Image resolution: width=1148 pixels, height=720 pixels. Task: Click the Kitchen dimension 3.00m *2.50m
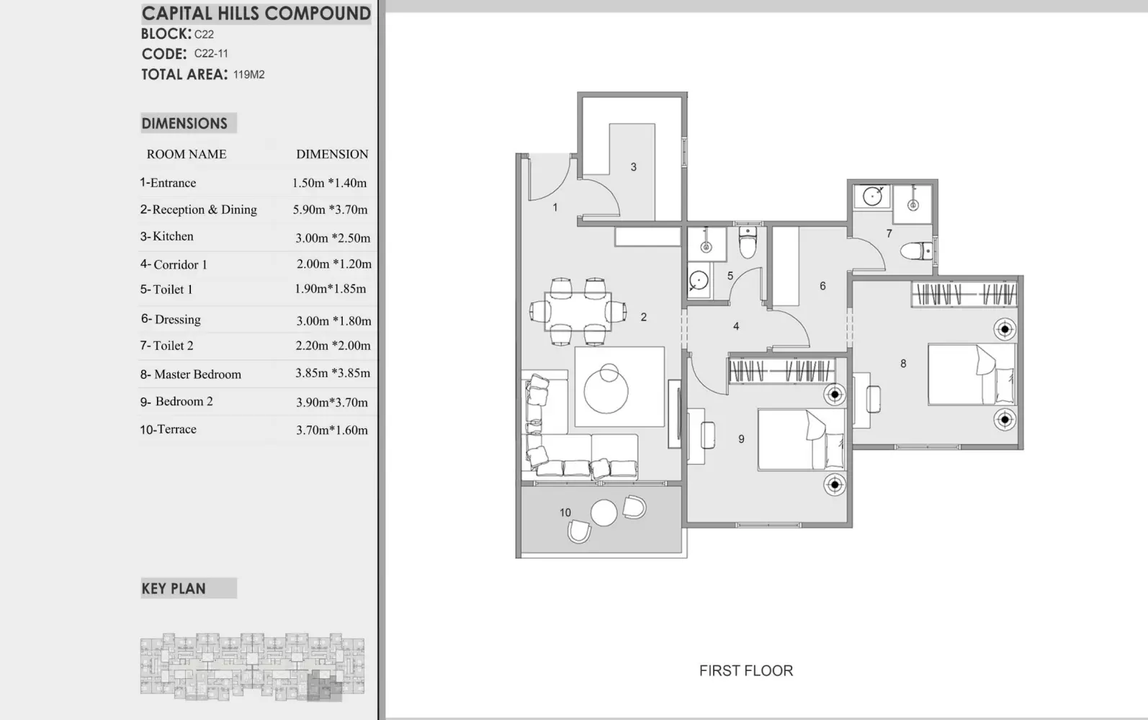coord(333,238)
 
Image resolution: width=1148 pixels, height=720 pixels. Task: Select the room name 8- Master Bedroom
coord(191,374)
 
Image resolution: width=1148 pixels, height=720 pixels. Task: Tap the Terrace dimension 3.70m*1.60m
coord(332,430)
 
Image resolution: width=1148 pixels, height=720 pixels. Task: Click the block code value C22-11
coord(211,53)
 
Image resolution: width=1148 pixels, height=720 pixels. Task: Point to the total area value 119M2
coord(249,74)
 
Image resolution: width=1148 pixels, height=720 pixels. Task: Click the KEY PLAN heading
coord(174,588)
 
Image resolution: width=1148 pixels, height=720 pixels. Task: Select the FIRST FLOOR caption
coord(746,670)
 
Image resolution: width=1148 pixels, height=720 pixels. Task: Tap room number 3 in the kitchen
coord(634,166)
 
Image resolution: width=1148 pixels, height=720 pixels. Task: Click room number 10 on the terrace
coord(565,513)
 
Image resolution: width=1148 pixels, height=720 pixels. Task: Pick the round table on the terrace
coord(604,513)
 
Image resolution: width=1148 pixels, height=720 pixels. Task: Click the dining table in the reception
coord(578,311)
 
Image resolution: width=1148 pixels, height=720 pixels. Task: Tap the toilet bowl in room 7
coord(916,251)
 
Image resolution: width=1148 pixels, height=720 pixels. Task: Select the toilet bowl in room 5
coord(748,243)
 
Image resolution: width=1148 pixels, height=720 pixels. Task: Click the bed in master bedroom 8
coord(971,374)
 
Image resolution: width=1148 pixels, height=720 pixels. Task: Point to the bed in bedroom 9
coord(802,439)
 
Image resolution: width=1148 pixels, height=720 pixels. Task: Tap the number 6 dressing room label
coord(822,286)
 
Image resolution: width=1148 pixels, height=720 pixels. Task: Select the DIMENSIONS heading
coord(184,124)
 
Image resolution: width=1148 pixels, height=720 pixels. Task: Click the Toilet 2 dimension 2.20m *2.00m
coord(333,346)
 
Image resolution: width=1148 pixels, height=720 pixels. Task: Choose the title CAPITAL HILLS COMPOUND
coord(256,14)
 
